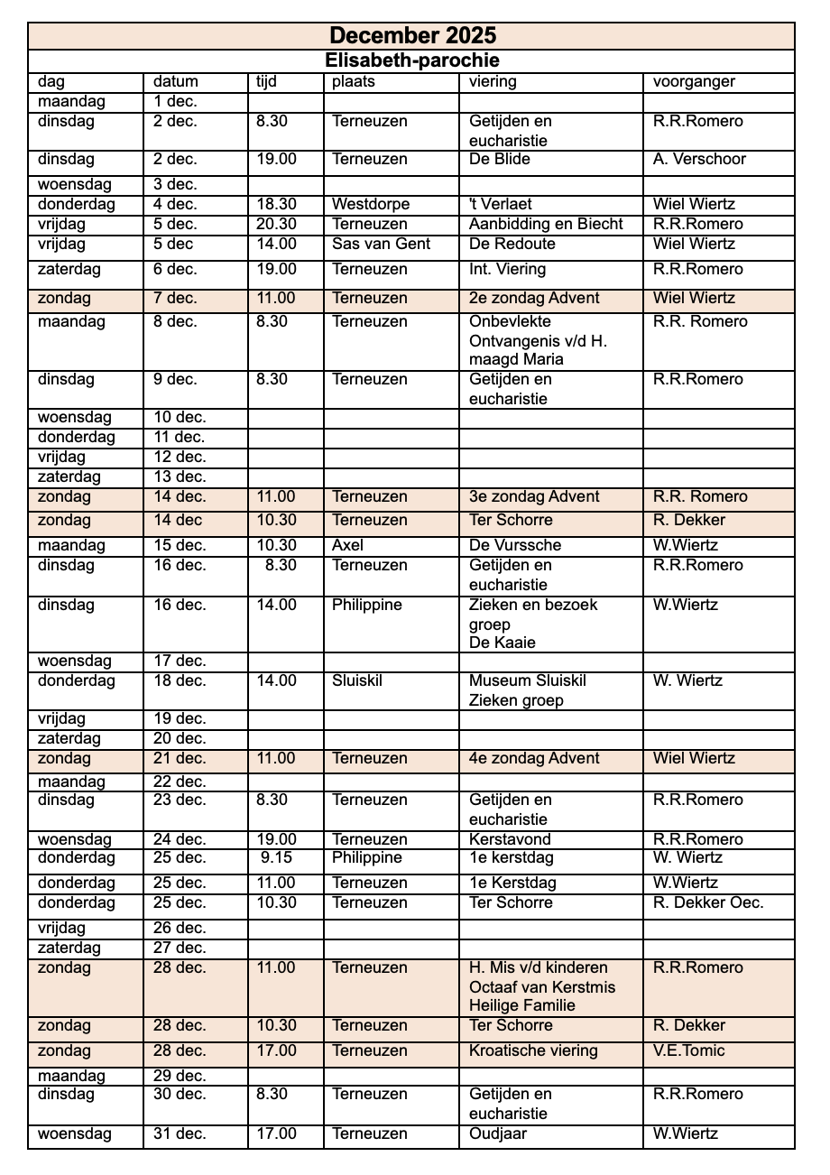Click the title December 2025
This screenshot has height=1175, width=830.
[411, 35]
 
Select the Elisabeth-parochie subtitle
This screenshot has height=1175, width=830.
[411, 60]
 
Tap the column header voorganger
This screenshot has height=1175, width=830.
[694, 81]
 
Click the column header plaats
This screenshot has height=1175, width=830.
[353, 81]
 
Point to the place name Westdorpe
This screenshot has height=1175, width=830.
[370, 204]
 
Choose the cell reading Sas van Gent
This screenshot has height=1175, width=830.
[381, 244]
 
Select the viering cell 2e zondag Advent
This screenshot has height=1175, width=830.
[534, 298]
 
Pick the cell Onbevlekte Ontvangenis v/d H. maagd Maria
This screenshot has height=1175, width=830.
[538, 340]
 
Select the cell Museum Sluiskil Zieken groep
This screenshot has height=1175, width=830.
[527, 690]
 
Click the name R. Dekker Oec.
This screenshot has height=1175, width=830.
[708, 902]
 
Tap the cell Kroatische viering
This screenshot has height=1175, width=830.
[533, 1050]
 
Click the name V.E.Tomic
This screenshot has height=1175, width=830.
[688, 1050]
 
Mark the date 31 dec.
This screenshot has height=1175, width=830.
[180, 1133]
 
